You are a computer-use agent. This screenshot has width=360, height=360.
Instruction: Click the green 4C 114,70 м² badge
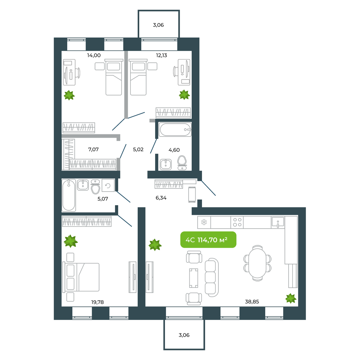(208, 240)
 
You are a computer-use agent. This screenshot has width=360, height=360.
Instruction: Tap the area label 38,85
(252, 302)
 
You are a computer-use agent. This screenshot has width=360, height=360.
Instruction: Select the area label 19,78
(97, 302)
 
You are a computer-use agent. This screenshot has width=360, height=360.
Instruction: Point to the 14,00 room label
(94, 55)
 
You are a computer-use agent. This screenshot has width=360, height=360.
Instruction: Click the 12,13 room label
(161, 55)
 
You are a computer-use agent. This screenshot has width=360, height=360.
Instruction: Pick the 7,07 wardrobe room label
(93, 149)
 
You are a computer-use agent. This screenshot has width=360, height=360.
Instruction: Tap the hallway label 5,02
(138, 149)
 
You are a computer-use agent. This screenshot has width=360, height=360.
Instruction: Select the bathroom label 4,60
(174, 150)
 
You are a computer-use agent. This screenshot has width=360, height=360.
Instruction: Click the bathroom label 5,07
(103, 199)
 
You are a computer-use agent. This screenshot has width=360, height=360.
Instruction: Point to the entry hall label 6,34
(161, 198)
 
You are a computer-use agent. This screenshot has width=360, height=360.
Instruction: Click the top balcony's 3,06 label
(158, 25)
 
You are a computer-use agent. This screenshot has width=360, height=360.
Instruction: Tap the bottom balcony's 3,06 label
(184, 335)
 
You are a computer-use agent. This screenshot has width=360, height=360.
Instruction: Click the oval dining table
(257, 263)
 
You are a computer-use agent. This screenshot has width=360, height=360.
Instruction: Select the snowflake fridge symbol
(204, 222)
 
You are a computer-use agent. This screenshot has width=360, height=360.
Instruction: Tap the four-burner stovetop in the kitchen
(237, 222)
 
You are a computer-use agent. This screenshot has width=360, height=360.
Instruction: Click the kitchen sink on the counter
(278, 222)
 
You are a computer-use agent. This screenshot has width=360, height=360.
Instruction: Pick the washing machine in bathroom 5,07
(108, 185)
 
